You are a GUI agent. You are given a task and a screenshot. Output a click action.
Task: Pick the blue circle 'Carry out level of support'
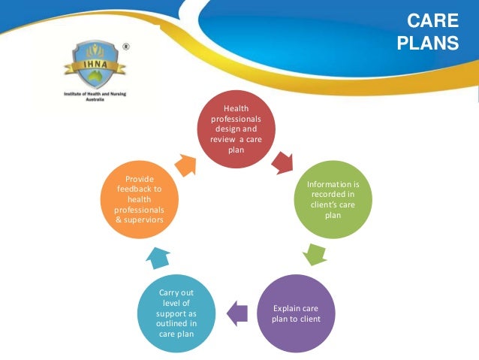click(x=178, y=313)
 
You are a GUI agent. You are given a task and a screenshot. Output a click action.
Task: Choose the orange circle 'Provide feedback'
click(x=140, y=201)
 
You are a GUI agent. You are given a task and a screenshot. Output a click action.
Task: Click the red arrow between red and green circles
click(x=283, y=161)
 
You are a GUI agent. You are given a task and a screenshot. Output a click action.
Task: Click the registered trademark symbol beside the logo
click(x=125, y=47)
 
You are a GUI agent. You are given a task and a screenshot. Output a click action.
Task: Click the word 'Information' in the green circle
click(x=318, y=185)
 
